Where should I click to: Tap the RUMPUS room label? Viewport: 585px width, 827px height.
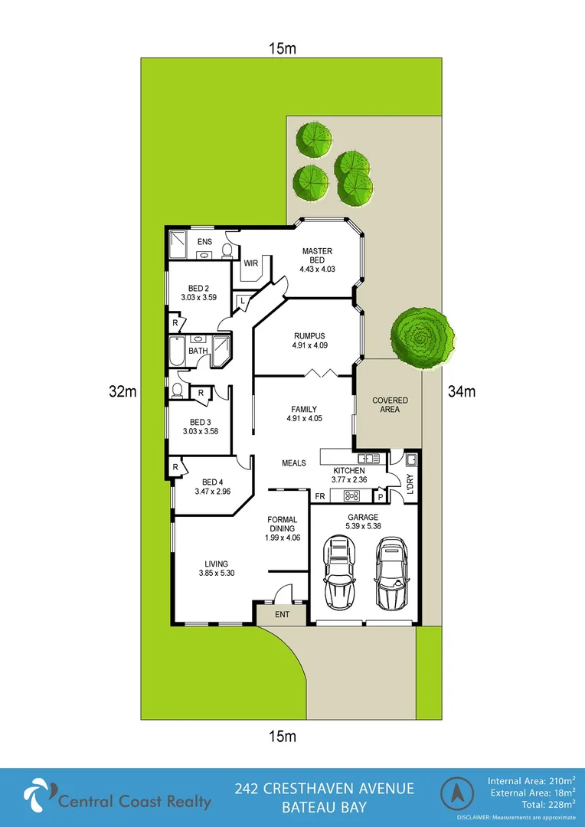(309, 335)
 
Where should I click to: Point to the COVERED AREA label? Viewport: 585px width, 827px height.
(390, 405)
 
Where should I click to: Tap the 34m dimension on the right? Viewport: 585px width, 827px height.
(462, 392)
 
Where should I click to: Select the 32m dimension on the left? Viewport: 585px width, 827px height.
(123, 392)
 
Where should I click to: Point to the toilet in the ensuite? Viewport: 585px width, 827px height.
(227, 250)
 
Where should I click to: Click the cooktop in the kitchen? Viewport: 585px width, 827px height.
(352, 494)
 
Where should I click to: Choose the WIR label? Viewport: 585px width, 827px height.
(250, 263)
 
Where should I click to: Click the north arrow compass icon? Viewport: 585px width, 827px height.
(457, 795)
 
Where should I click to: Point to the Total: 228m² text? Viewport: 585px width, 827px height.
(542, 805)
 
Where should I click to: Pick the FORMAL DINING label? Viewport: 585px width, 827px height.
(283, 529)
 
